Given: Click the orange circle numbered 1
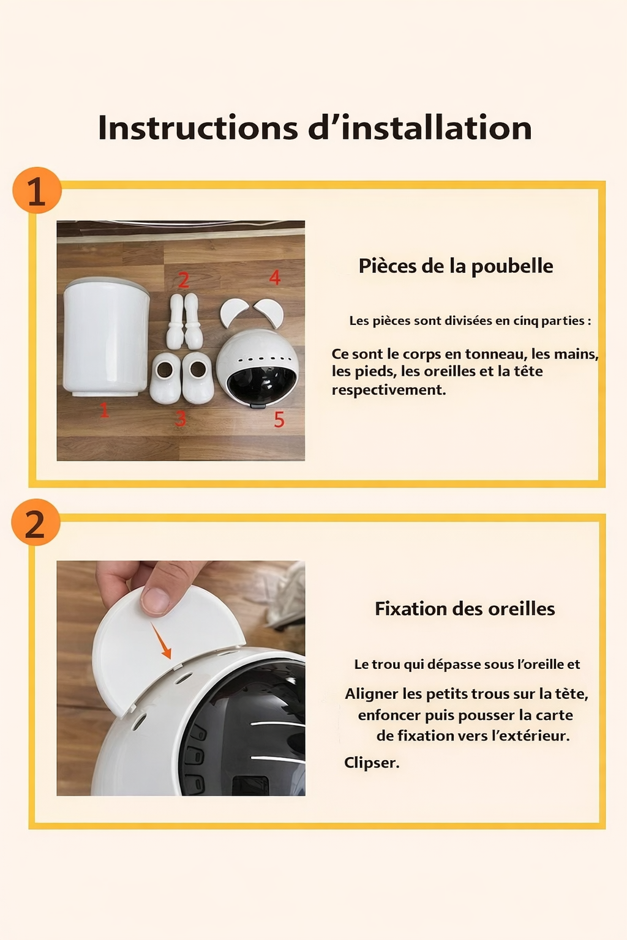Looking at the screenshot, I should click(x=37, y=190).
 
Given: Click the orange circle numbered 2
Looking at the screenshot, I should click(x=36, y=523).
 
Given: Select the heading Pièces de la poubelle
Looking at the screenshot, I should click(x=456, y=266).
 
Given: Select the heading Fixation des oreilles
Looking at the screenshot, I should click(x=465, y=609).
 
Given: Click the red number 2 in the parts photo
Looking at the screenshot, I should click(x=183, y=280).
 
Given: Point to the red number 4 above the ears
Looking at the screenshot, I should click(x=275, y=278).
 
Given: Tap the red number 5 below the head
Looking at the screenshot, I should click(x=279, y=420).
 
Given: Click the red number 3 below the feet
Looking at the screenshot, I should click(x=181, y=419).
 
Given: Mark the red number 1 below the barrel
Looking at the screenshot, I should click(x=104, y=410).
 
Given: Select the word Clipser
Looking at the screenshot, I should click(x=372, y=763).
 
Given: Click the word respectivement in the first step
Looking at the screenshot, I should click(x=389, y=390).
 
